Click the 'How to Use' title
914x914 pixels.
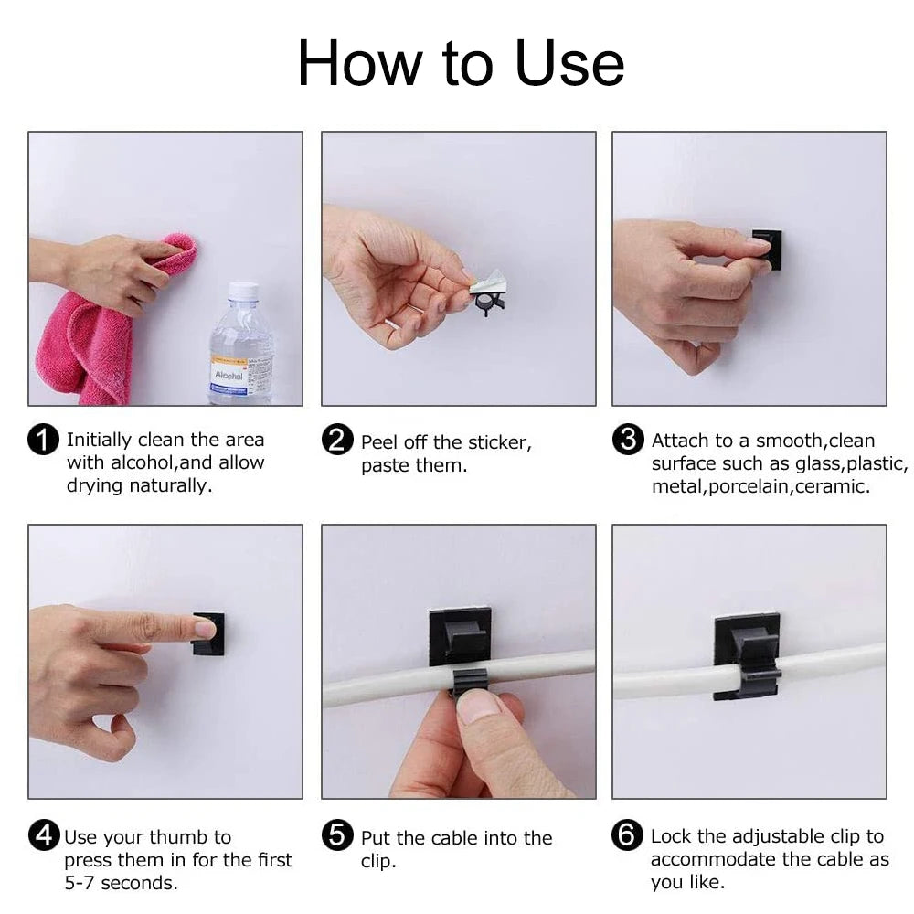pyautogui.click(x=461, y=64)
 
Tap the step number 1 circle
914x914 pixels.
pyautogui.click(x=44, y=440)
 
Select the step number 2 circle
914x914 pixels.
pyautogui.click(x=337, y=440)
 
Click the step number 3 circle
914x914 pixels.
pyautogui.click(x=627, y=440)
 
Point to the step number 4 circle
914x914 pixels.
pyautogui.click(x=44, y=835)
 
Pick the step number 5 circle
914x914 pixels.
pyautogui.click(x=337, y=835)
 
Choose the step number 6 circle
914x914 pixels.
pyautogui.click(x=627, y=835)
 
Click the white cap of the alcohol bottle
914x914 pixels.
pyautogui.click(x=242, y=292)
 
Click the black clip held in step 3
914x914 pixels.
pyautogui.click(x=769, y=250)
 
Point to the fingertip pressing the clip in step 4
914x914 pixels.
pyautogui.click(x=204, y=628)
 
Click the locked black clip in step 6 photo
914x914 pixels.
pyautogui.click(x=748, y=656)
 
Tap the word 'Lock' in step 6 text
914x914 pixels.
pyautogui.click(x=671, y=836)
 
